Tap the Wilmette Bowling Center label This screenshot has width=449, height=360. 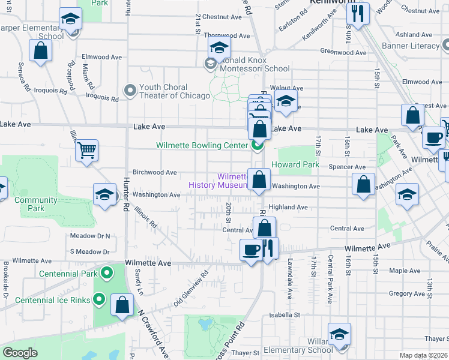(202, 145)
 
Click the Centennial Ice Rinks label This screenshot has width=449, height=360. (53, 300)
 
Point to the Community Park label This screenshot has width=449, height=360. (29, 205)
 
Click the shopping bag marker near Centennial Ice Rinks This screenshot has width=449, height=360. (122, 304)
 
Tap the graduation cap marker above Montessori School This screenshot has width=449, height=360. (220, 47)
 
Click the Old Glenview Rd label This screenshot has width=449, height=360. (190, 289)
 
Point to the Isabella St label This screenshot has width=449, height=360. (284, 314)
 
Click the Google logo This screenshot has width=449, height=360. (20, 353)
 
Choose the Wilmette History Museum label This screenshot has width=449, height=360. (217, 181)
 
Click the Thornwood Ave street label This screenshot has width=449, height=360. (223, 35)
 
